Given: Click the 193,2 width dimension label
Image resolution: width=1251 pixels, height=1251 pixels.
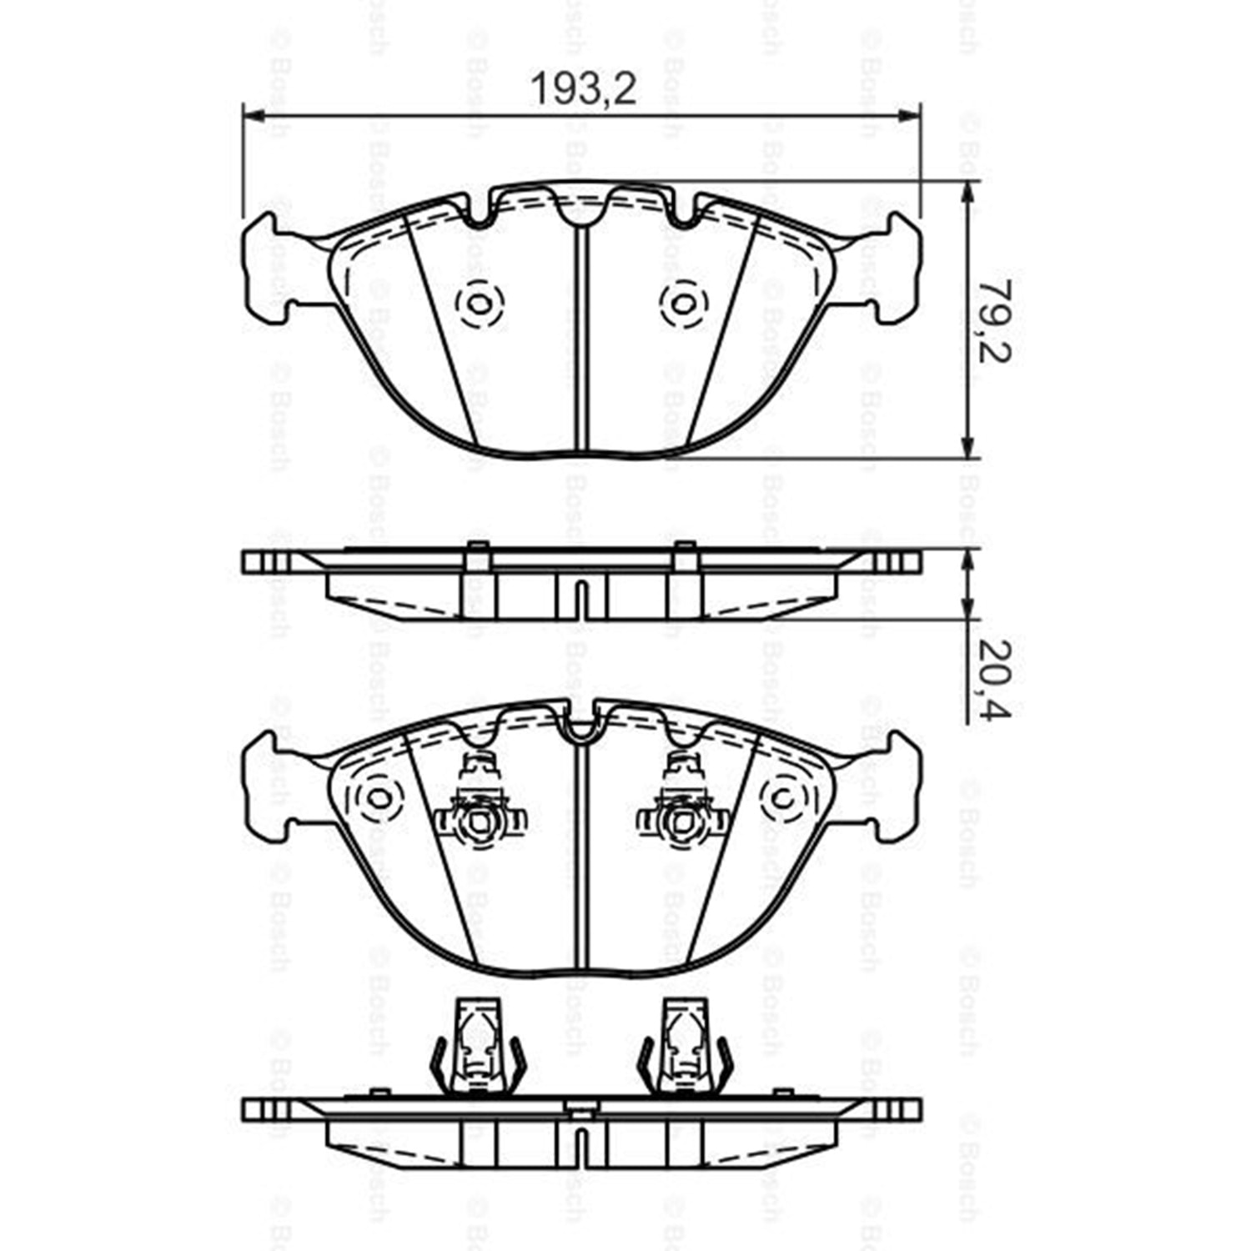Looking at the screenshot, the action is (584, 88).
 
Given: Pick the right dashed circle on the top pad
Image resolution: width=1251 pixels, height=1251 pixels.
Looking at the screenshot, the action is (682, 303).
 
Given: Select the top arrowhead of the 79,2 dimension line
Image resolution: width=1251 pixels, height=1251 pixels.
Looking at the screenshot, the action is (967, 193).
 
